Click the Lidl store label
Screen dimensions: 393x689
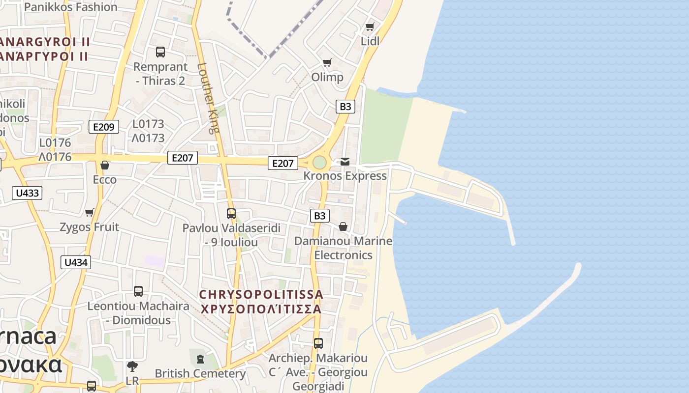(370, 41)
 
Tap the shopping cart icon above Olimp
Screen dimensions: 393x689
(327, 62)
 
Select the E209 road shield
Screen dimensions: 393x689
(104, 127)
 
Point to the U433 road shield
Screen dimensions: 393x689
(27, 193)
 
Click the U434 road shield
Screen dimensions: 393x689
(76, 262)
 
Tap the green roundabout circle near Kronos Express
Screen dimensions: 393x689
(319, 162)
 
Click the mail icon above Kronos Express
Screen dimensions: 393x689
(345, 161)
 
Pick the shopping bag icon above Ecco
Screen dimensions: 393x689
(104, 165)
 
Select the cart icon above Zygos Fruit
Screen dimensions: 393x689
(89, 212)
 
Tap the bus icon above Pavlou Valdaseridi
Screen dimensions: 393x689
(231, 214)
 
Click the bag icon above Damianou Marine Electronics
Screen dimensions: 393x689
(343, 226)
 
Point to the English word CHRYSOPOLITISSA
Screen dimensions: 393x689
(261, 294)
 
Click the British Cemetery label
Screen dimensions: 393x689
(200, 373)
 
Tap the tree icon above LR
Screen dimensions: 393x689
(132, 366)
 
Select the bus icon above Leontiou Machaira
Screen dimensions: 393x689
(138, 291)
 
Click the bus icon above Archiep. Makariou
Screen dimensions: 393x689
(318, 343)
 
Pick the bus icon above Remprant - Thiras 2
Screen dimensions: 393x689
(160, 52)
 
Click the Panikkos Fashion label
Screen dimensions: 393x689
(70, 7)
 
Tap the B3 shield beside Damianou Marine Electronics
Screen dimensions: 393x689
(320, 216)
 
